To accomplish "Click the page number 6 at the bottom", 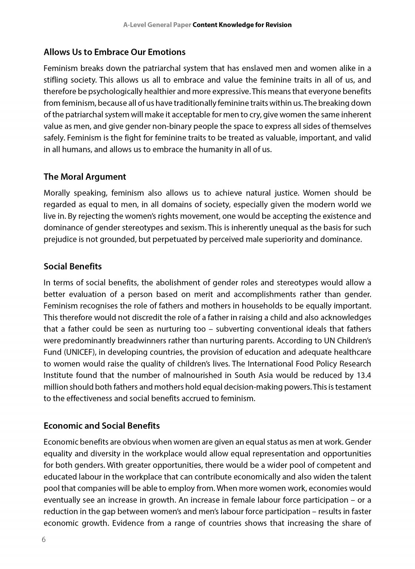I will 44,539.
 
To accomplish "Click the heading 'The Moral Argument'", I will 85,177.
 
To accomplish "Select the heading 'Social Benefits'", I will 72,266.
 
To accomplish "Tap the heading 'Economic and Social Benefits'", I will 102,426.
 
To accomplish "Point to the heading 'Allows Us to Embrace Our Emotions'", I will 114,52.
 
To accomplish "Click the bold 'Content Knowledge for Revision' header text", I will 242,25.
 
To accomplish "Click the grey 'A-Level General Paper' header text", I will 157,25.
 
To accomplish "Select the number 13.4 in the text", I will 364,375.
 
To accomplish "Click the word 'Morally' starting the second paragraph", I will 56,193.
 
